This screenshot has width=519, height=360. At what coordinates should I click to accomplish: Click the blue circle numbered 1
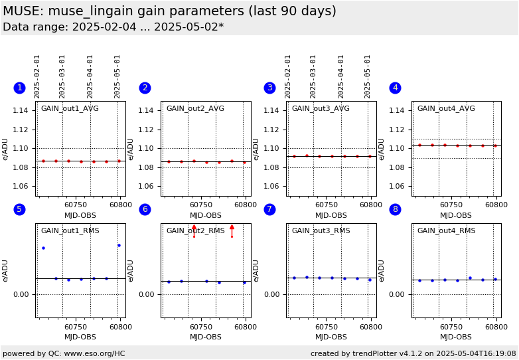click(19, 88)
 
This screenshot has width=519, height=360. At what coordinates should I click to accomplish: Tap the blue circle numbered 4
click(395, 88)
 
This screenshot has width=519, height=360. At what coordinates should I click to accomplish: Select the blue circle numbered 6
click(145, 209)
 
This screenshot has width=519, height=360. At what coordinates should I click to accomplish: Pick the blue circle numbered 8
click(395, 209)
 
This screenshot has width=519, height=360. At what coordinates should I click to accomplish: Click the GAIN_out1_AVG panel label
click(70, 109)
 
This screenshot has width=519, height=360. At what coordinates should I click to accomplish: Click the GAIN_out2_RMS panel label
click(195, 231)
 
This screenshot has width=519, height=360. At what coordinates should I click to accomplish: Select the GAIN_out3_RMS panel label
click(321, 231)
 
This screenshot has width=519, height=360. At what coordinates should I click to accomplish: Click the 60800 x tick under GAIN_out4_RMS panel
click(496, 327)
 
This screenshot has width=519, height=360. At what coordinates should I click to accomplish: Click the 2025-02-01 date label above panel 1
click(37, 76)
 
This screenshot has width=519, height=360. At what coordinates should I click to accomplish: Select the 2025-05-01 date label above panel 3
click(368, 76)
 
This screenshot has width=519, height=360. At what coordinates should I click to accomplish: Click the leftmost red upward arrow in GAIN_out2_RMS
click(194, 228)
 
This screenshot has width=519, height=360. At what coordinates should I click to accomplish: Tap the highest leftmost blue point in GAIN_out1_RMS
click(43, 248)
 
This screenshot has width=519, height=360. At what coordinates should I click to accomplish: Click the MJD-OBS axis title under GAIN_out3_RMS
click(331, 337)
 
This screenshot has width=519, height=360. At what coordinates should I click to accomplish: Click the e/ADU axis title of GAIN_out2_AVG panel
click(131, 149)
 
